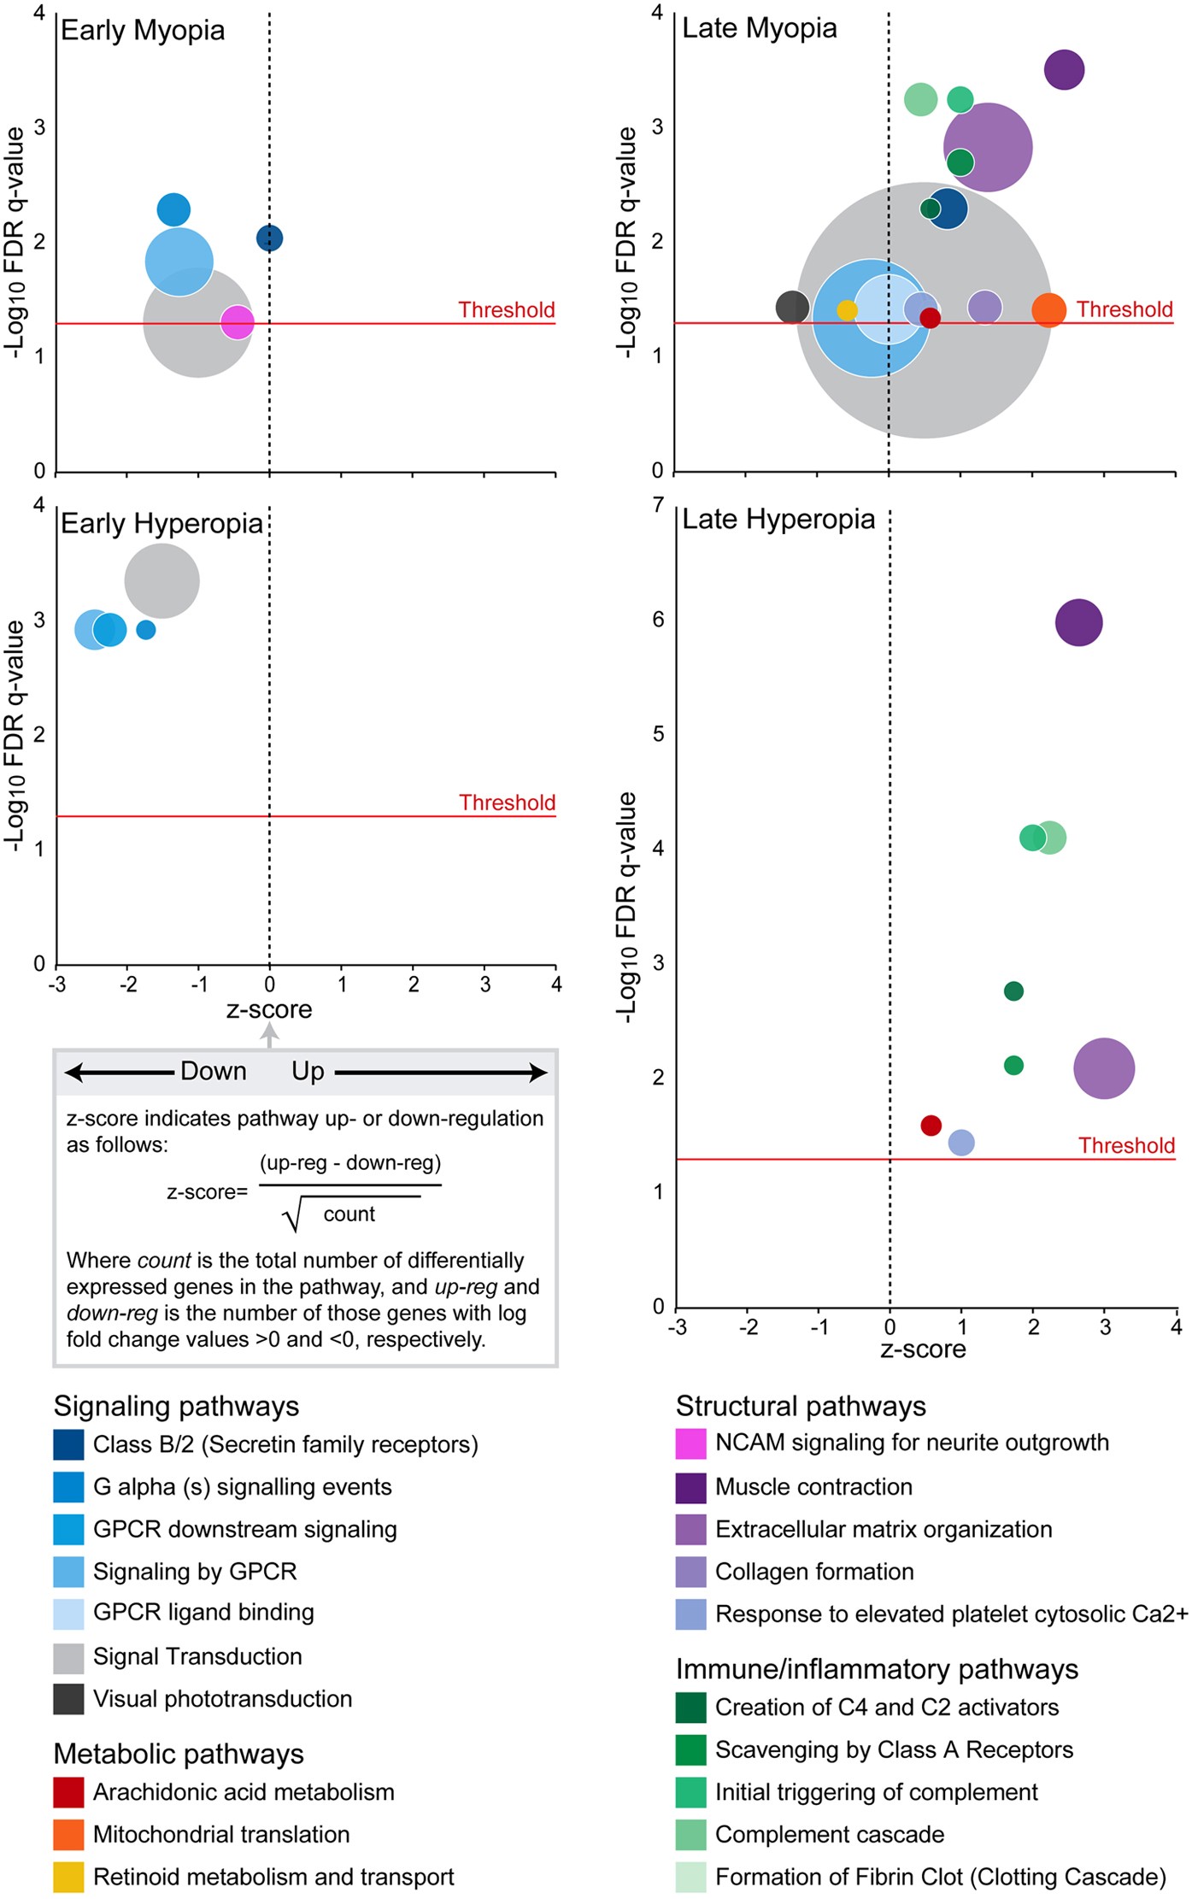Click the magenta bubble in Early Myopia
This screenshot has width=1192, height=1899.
coord(238,322)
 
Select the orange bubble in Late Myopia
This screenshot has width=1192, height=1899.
coord(1048,309)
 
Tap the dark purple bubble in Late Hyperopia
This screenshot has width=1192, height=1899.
coord(1078,622)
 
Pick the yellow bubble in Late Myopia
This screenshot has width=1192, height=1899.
coord(847,310)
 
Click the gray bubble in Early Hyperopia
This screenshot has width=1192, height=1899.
coord(162,581)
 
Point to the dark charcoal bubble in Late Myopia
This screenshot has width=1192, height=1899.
coord(792,307)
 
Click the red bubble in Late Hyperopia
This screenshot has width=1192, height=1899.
coord(931,1125)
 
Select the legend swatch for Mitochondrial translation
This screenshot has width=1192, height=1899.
coord(68,1834)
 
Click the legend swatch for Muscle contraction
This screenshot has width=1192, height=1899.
coord(690,1487)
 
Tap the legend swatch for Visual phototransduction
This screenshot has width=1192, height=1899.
coord(68,1699)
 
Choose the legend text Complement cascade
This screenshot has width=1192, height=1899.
coord(829,1834)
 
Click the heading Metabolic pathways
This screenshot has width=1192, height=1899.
coord(179,1754)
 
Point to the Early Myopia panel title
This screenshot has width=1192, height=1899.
coord(143,31)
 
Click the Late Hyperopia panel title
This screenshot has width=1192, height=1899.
coord(778,519)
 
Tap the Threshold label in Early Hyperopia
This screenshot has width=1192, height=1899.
coord(507,803)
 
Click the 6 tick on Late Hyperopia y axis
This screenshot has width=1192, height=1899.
coord(658,619)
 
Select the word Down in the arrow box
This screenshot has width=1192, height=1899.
coord(213,1071)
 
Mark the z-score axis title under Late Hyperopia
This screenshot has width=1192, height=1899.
coord(923,1349)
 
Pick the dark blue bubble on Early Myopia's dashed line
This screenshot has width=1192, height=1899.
coord(269,238)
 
